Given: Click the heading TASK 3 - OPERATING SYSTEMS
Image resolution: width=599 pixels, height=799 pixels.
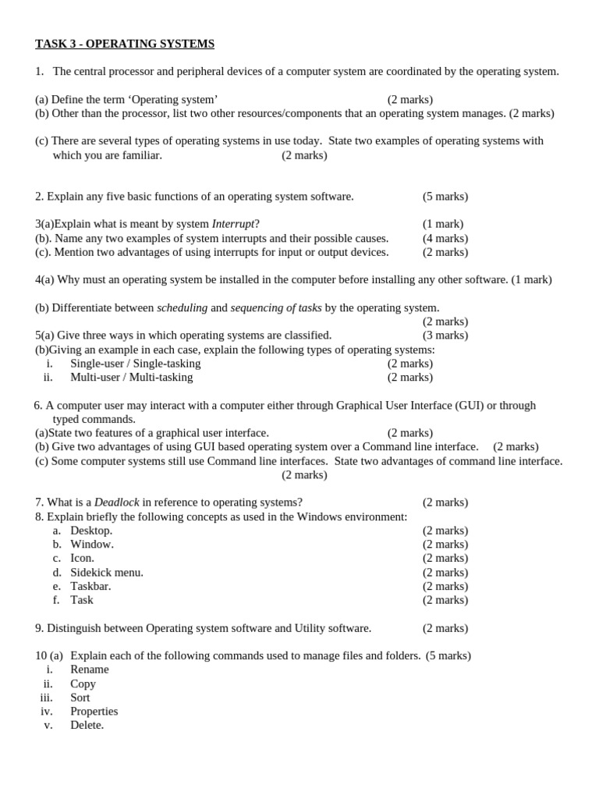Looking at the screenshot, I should [125, 44].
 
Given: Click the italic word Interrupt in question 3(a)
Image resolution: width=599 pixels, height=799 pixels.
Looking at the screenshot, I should [233, 224].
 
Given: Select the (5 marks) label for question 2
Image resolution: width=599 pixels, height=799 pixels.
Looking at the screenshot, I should [445, 197].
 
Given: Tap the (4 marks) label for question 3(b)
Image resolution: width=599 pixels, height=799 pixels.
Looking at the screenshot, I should [445, 238].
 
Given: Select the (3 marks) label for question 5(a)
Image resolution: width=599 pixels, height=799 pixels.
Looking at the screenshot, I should [445, 336].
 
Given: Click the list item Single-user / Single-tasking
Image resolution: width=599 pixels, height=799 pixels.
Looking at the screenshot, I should [135, 364].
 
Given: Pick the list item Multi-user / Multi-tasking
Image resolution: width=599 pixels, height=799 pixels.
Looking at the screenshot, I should [131, 378].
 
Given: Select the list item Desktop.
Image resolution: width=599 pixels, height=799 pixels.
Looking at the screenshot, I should [91, 531].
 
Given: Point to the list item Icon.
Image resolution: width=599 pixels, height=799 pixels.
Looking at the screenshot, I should [82, 558].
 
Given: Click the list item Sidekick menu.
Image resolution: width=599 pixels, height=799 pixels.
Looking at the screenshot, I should [107, 573].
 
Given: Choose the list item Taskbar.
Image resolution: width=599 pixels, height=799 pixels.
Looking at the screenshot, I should [90, 586].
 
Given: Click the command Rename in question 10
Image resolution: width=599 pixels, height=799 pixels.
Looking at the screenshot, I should [90, 669].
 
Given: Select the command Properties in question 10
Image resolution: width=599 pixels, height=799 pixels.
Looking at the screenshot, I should [94, 712].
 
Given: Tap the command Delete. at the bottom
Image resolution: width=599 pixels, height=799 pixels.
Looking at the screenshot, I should [87, 725].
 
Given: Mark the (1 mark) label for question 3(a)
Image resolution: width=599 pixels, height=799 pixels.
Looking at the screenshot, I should [443, 224].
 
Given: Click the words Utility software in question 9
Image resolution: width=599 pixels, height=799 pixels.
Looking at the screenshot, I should [333, 628].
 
